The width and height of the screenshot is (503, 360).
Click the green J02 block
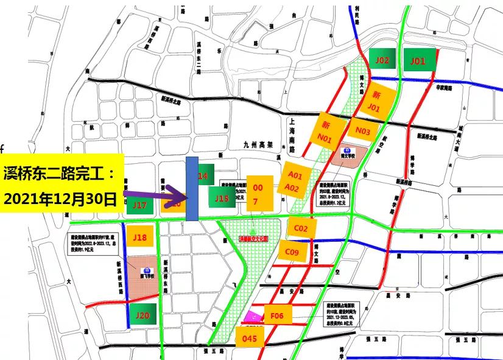(x=383, y=60)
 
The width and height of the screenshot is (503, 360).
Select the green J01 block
(x=418, y=60)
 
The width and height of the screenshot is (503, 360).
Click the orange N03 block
(x=363, y=130)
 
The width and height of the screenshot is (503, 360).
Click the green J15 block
(x=222, y=197)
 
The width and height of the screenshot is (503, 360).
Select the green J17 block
(x=140, y=205)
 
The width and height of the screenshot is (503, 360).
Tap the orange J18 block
(x=140, y=237)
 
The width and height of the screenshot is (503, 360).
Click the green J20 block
(x=142, y=316)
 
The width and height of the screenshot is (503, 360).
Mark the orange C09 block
(x=292, y=252)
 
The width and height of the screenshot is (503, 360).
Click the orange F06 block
(x=277, y=316)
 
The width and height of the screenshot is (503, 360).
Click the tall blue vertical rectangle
(x=191, y=189)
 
